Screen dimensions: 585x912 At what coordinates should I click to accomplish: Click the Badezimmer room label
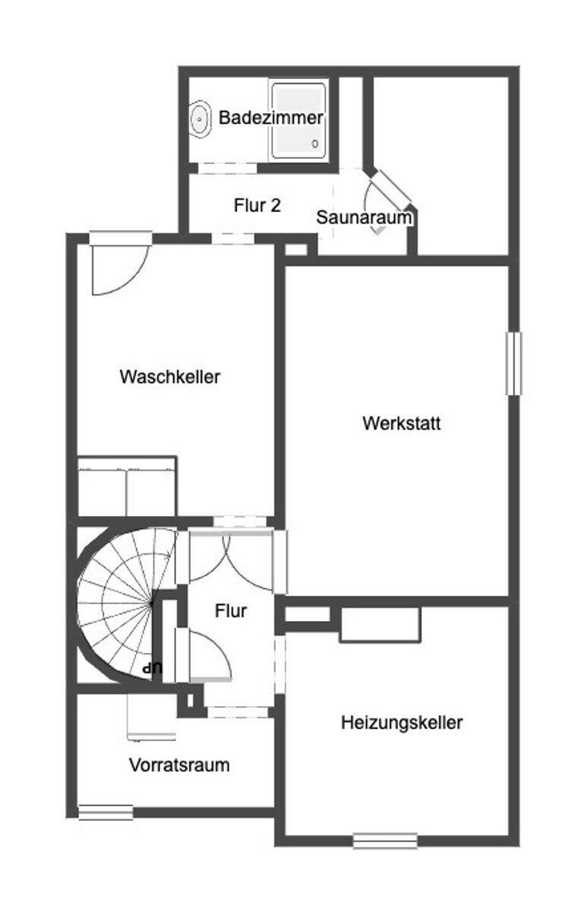click(270, 118)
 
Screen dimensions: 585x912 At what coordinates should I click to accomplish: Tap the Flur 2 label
click(258, 205)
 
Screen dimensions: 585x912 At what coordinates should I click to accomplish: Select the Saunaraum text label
click(364, 217)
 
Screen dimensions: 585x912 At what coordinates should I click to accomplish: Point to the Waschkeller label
click(169, 377)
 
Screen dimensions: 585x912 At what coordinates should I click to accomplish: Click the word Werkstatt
click(401, 423)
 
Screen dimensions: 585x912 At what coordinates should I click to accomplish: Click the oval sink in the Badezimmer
click(201, 119)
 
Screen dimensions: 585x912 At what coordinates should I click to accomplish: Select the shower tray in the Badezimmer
click(299, 121)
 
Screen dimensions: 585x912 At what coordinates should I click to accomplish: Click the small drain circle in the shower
click(315, 144)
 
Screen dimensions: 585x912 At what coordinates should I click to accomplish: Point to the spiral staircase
click(124, 604)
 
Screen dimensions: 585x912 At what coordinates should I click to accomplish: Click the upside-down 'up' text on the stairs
click(153, 668)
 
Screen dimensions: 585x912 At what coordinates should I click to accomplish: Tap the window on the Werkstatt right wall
click(514, 363)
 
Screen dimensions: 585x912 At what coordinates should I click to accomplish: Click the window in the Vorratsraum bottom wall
click(106, 812)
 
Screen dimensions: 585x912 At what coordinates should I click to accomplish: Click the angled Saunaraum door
click(391, 187)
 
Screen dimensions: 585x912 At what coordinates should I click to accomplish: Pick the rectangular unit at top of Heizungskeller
click(380, 625)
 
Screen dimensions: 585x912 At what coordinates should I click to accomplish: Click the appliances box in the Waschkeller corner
click(127, 486)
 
